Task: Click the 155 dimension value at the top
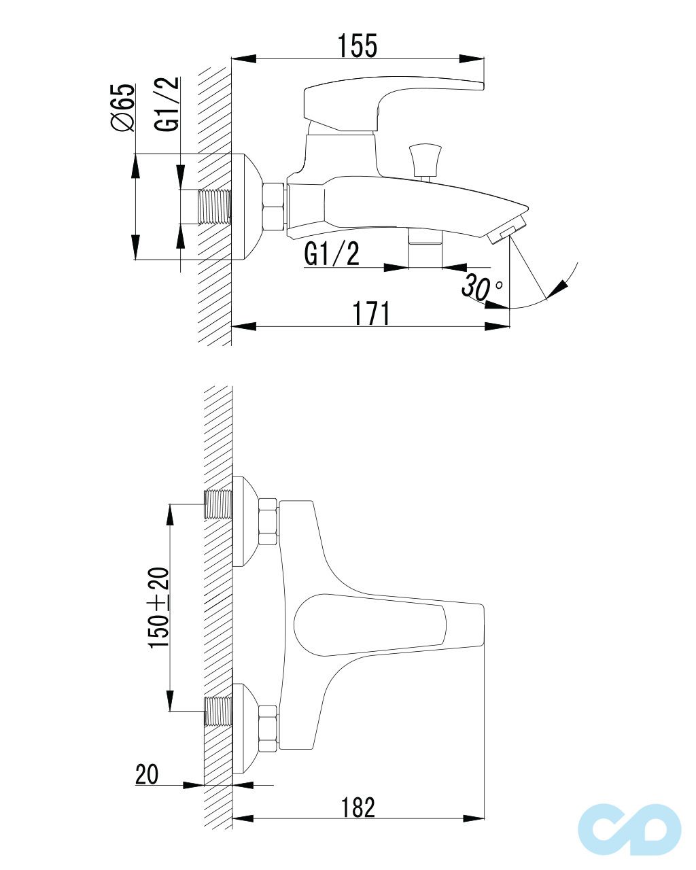pos(358,46)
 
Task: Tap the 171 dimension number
pos(371,313)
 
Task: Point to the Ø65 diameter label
pos(122,107)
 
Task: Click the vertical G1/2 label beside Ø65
pos(167,104)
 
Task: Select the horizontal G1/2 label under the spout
pos(332,254)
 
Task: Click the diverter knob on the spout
pos(425,160)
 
